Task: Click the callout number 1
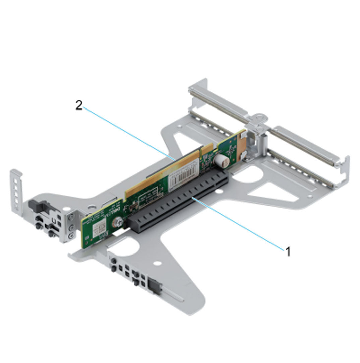pos(288,251)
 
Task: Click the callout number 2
pos(79,106)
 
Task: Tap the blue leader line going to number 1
pos(241,224)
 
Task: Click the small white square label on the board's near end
pos(99,229)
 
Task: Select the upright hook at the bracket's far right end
pos(345,167)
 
